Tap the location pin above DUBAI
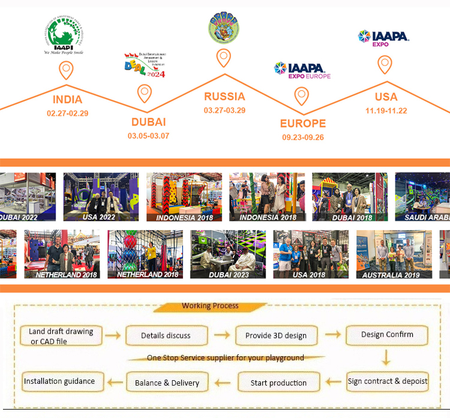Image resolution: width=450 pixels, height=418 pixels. point(144,94)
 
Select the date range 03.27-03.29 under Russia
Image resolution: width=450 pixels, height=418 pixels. point(224,110)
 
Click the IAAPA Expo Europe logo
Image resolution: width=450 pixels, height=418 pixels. point(302,70)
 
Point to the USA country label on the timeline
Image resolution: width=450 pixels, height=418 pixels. point(386,97)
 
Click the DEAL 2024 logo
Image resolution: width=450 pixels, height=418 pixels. point(144,65)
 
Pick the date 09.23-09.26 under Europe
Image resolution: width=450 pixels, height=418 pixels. point(302,137)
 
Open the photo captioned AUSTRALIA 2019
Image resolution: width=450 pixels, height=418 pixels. point(390,254)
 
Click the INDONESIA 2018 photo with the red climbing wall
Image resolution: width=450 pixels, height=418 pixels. point(184,197)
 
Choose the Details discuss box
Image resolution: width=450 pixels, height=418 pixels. point(166,336)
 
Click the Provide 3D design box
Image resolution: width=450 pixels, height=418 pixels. point(275,335)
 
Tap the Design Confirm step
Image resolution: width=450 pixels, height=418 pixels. point(387,335)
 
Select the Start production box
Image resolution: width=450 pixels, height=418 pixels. point(278,383)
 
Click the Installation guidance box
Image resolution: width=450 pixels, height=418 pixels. point(59,381)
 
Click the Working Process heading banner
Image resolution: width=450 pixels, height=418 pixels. point(210,306)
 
